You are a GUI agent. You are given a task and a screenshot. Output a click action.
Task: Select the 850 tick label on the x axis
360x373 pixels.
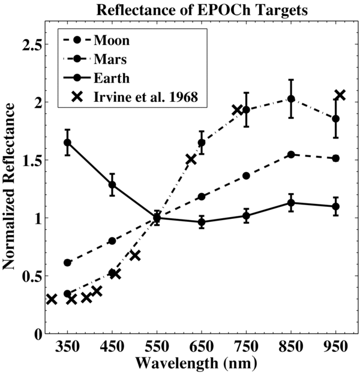tap(291, 347)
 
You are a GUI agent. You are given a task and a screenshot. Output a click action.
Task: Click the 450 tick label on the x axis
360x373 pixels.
tap(112, 347)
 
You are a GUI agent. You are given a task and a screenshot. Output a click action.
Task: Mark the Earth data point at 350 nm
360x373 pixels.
tap(67, 143)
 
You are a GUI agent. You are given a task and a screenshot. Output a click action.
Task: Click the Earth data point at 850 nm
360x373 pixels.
tap(291, 203)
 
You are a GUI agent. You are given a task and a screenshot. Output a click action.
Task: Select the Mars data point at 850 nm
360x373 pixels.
tap(291, 99)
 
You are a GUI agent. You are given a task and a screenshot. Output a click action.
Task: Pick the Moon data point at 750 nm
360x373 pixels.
tap(246, 176)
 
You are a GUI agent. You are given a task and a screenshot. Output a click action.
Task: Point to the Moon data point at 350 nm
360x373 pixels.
tap(67, 263)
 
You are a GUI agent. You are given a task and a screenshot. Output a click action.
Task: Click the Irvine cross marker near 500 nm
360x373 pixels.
tap(135, 255)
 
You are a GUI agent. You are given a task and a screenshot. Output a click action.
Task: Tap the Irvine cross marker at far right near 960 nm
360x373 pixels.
tap(340, 95)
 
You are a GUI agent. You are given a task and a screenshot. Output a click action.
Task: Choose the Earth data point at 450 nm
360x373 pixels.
tap(112, 185)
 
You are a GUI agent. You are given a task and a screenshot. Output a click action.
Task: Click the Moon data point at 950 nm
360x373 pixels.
tap(335, 158)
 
